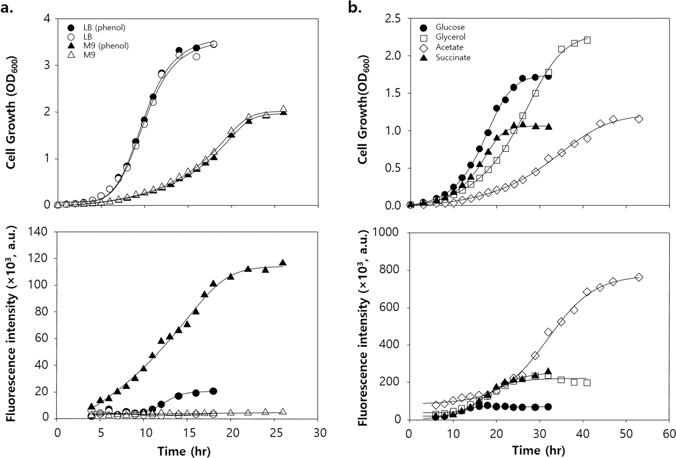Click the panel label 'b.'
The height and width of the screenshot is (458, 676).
354,8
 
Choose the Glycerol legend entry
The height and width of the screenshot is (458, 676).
450,37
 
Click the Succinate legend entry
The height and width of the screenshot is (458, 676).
453,58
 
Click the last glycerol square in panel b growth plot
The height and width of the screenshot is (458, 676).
587,40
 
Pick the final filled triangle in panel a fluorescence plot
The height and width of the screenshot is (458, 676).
283,263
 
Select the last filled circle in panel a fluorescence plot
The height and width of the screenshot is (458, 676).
213,391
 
